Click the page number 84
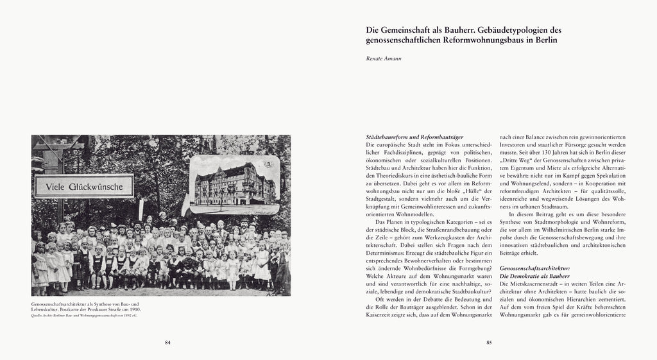point(167,342)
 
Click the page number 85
point(489,342)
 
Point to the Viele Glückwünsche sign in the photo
point(83,186)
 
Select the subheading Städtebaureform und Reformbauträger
point(414,137)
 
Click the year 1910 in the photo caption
point(133,309)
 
